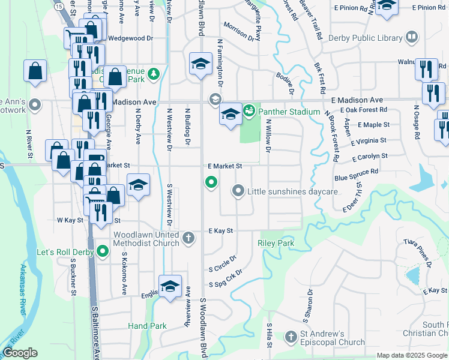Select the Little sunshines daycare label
point(294,191)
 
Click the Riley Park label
point(276,243)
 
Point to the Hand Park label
point(147,326)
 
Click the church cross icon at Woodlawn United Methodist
point(188,238)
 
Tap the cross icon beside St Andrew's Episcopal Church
point(291,337)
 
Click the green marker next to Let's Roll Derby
point(103,251)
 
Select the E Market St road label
point(224,166)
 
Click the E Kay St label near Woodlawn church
point(220,230)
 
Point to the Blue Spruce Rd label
point(357,175)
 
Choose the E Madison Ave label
point(356,100)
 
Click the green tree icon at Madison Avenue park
point(154,74)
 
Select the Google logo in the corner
point(20,353)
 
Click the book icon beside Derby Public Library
point(412,38)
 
